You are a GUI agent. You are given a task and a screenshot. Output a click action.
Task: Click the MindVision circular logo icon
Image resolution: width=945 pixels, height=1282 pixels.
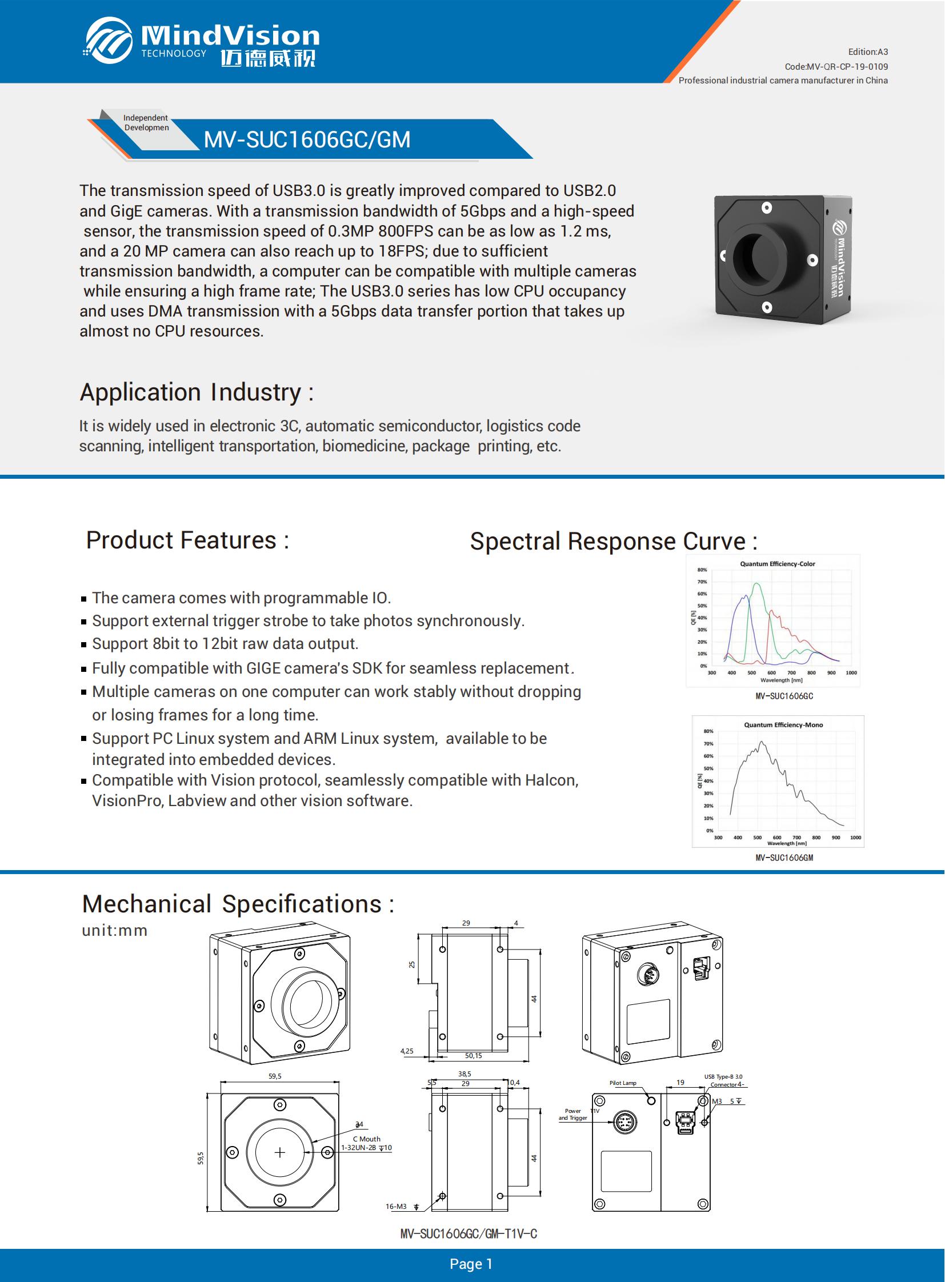pyautogui.click(x=109, y=40)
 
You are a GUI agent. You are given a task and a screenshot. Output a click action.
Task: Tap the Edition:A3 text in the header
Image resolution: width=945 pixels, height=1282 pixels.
pyautogui.click(x=868, y=52)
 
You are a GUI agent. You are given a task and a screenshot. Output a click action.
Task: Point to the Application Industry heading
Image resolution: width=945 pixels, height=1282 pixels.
pyautogui.click(x=196, y=392)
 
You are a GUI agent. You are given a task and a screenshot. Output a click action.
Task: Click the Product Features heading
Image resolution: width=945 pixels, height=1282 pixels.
pyautogui.click(x=187, y=540)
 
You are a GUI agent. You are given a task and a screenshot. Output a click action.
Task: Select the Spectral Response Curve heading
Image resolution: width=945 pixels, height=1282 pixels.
pyautogui.click(x=613, y=541)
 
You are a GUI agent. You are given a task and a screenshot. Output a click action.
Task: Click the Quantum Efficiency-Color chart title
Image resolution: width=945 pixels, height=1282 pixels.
pyautogui.click(x=778, y=564)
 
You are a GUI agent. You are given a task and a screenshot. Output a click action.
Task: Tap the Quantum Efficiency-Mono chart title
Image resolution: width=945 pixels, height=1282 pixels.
pyautogui.click(x=783, y=725)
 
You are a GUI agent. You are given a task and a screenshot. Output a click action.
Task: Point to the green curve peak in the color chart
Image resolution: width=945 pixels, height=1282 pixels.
pyautogui.click(x=757, y=584)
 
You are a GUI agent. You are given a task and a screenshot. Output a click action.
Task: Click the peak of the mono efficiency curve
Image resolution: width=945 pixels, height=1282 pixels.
pyautogui.click(x=762, y=742)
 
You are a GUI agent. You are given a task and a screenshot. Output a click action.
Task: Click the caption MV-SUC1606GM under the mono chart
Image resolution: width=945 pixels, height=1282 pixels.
pyautogui.click(x=784, y=858)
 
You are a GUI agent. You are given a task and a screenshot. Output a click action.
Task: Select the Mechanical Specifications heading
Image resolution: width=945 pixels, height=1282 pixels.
pyautogui.click(x=238, y=904)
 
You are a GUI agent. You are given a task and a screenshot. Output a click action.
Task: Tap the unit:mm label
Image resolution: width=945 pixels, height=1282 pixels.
pyautogui.click(x=115, y=931)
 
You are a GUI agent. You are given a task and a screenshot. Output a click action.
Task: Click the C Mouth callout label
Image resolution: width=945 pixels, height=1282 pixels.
pyautogui.click(x=367, y=1139)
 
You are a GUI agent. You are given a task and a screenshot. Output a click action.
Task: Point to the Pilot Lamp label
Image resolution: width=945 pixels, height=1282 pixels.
pyautogui.click(x=622, y=1083)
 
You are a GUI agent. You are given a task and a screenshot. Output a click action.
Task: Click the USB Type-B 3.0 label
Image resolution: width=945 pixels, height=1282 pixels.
pyautogui.click(x=723, y=1077)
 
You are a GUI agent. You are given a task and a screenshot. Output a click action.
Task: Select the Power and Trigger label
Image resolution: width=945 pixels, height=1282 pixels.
pyautogui.click(x=572, y=1115)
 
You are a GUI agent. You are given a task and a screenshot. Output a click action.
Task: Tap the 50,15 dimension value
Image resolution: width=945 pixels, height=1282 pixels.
pyautogui.click(x=473, y=1056)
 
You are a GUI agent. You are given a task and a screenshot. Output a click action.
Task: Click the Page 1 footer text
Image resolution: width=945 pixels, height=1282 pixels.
pyautogui.click(x=471, y=1264)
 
